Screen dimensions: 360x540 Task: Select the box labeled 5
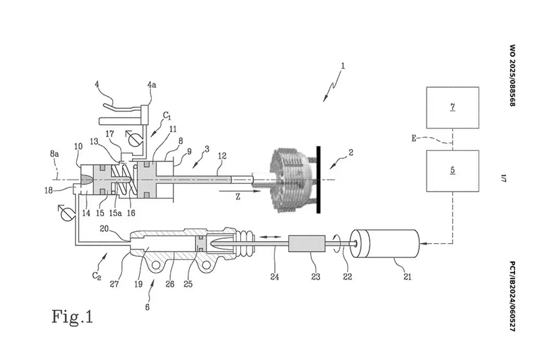(452, 171)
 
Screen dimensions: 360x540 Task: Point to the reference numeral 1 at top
(343, 66)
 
